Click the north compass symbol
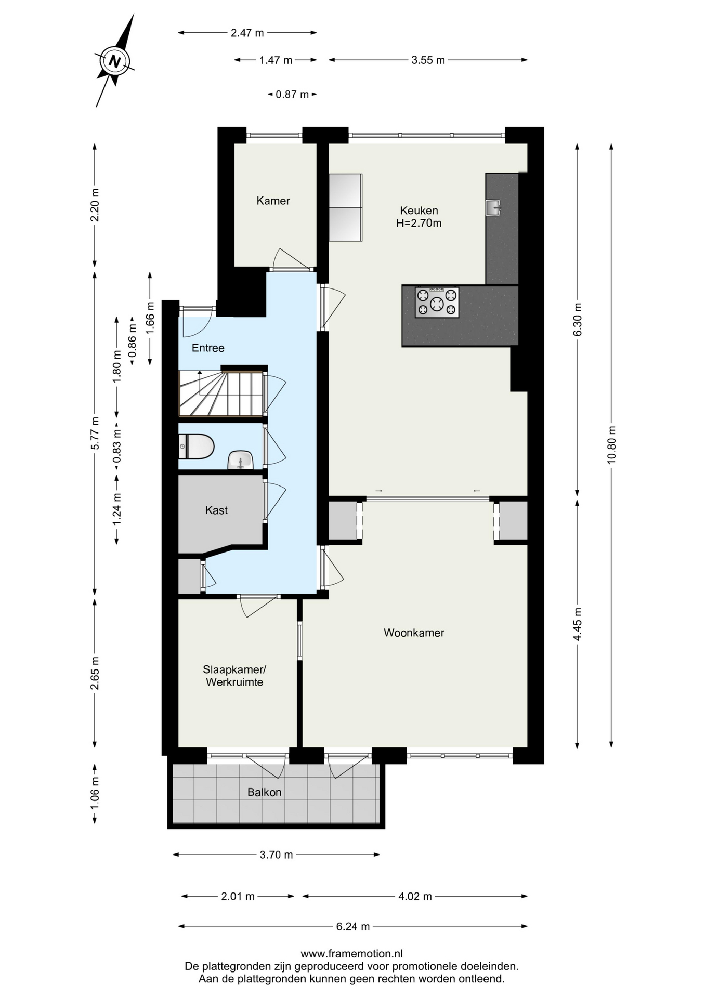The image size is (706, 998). (114, 61)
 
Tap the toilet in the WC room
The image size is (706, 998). (197, 447)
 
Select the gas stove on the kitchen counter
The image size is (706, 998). (437, 302)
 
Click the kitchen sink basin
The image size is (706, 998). (493, 207)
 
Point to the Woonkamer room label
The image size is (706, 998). (414, 633)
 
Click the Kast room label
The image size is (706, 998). (216, 510)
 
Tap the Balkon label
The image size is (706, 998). (264, 792)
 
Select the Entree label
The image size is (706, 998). (208, 348)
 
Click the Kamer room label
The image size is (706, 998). (273, 201)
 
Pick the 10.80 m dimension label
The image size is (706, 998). (611, 445)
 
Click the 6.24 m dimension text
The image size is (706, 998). (353, 926)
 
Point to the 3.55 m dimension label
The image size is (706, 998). (428, 60)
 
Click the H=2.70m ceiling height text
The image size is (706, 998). (419, 224)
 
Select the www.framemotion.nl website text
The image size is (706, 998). (352, 954)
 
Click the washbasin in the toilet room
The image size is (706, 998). (240, 460)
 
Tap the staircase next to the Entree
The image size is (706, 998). (221, 393)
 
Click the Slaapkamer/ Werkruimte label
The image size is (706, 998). (234, 676)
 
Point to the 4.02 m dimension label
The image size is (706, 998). (415, 896)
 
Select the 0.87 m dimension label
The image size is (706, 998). (292, 95)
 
